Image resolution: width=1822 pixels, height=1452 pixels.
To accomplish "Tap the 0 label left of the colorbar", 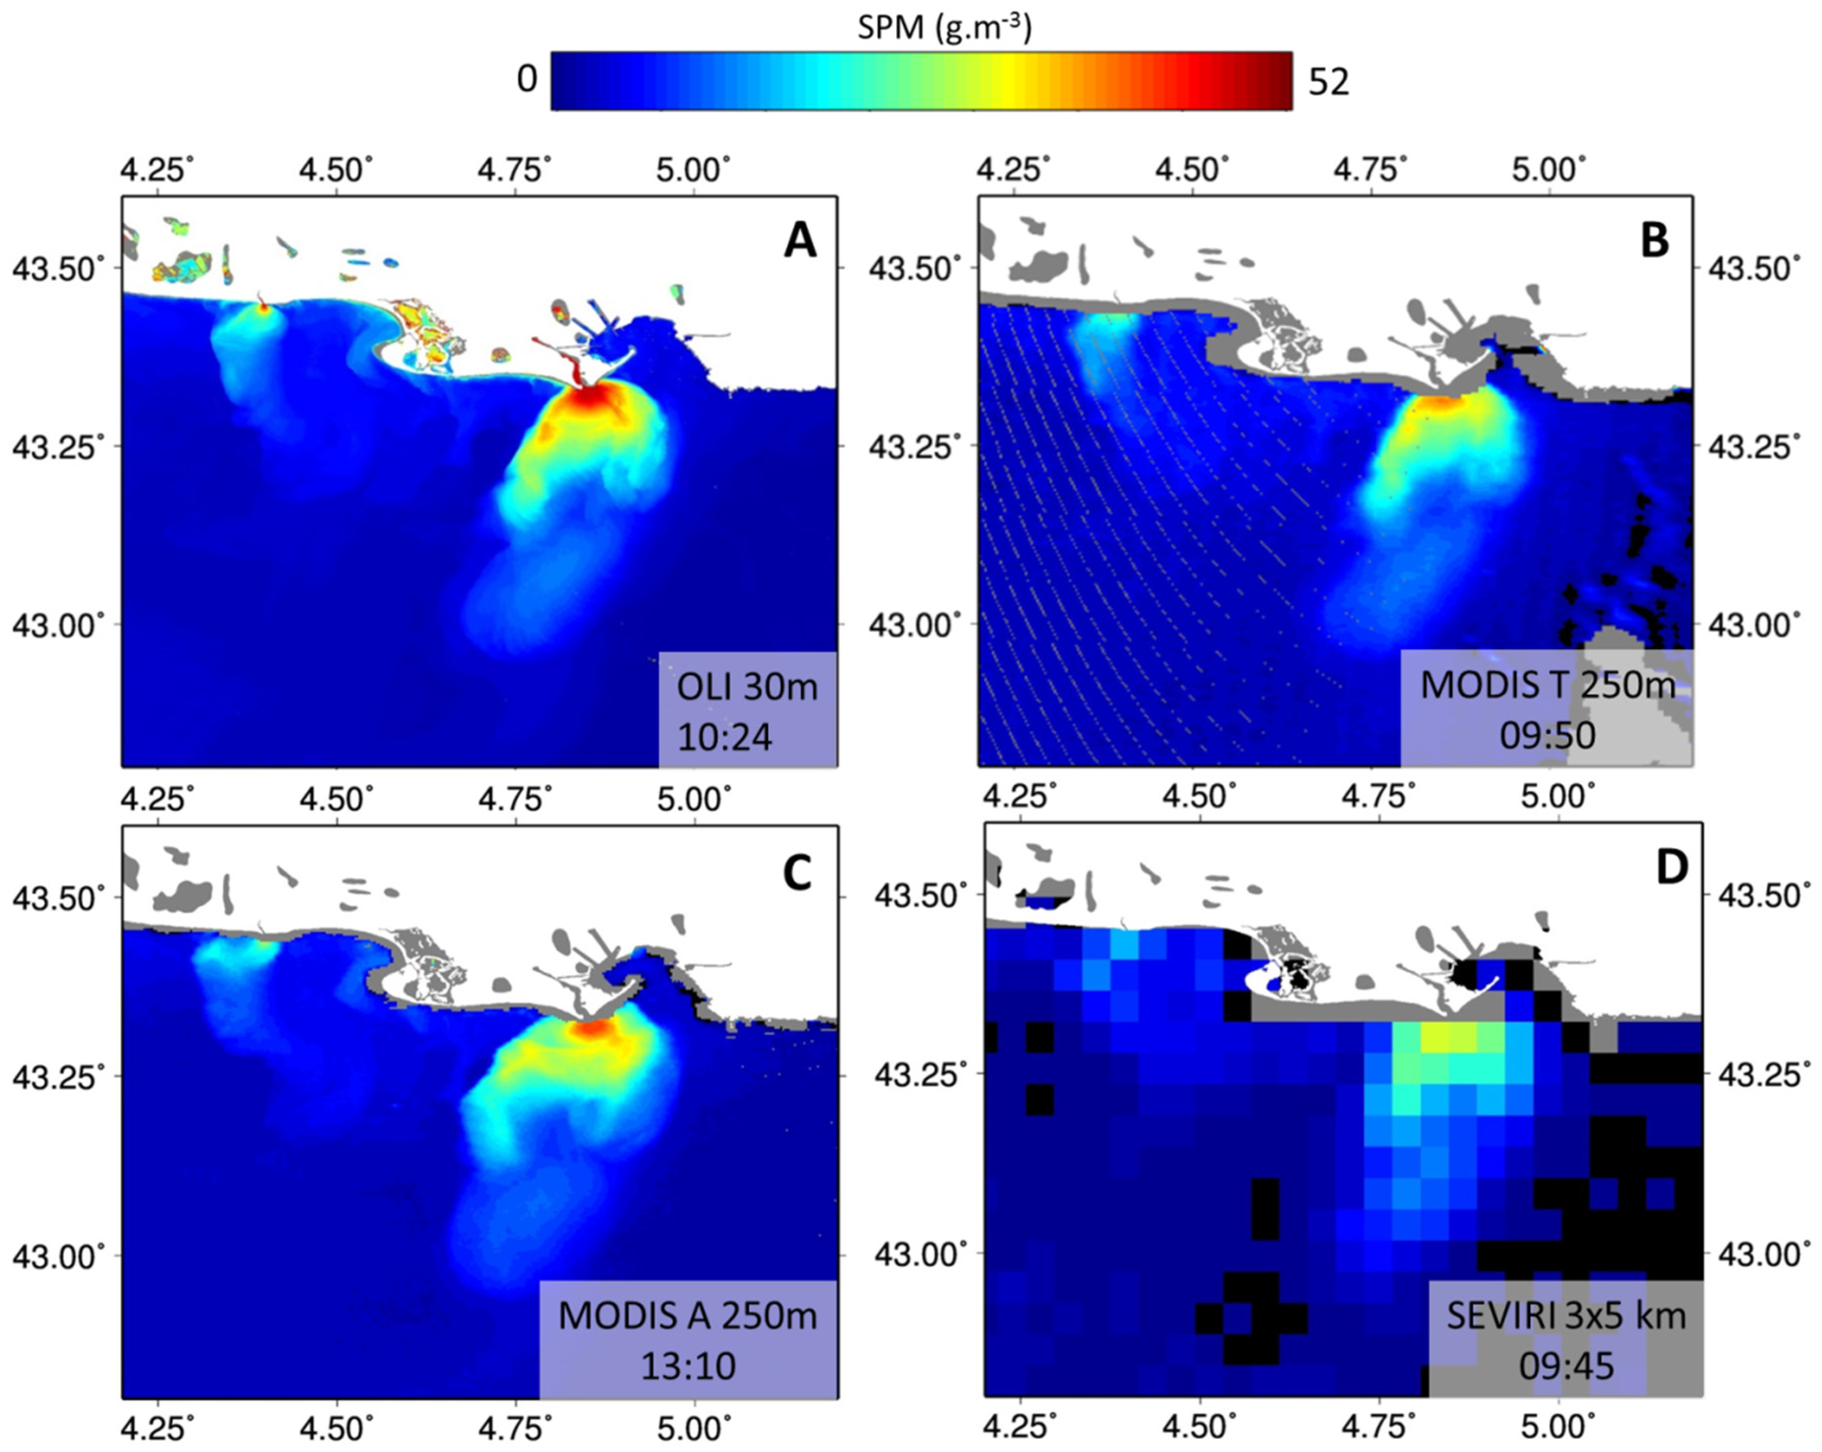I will point(527,80).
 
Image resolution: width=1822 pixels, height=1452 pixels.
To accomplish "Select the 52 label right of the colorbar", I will point(1328,82).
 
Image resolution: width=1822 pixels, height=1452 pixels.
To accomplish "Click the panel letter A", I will point(799,241).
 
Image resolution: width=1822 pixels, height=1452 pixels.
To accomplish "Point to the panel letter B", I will point(1654,241).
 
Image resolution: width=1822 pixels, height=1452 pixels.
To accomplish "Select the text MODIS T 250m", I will point(1547,685).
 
